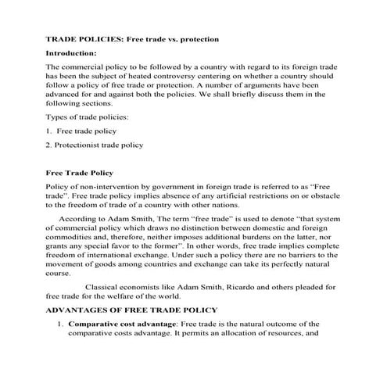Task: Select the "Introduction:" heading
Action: [71, 53]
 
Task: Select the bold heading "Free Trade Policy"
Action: [80, 172]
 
